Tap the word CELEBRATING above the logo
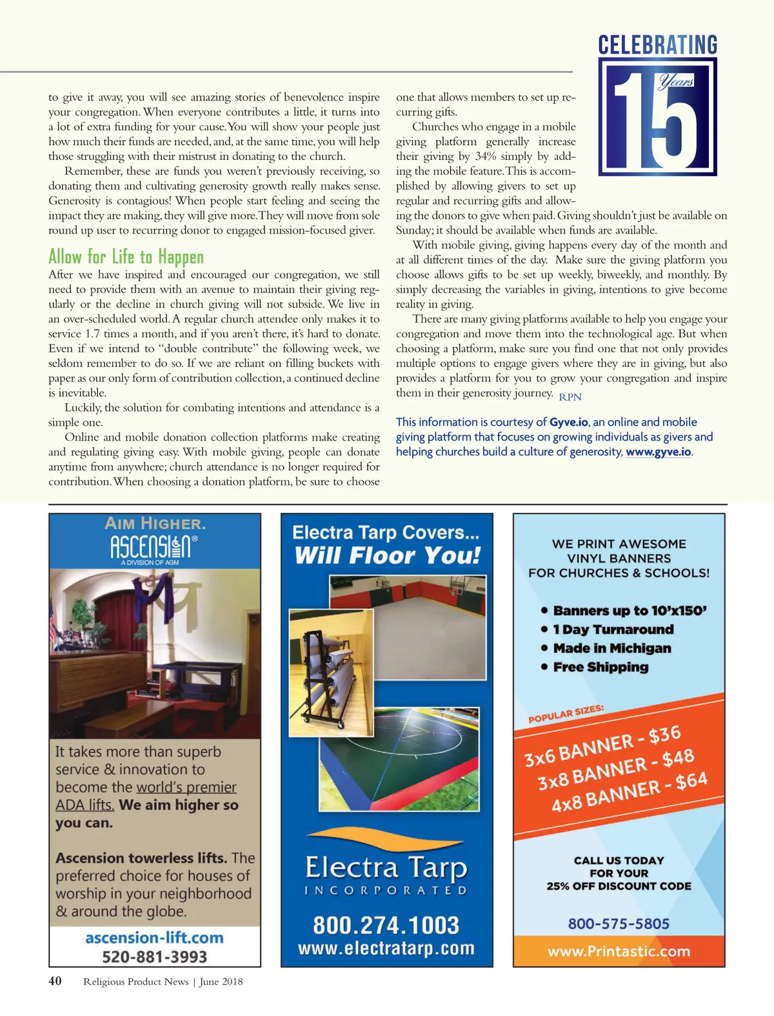[657, 45]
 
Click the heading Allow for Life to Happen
[126, 257]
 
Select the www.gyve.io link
[658, 452]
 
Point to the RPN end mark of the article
[570, 397]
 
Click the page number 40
[55, 981]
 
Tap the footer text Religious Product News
[135, 982]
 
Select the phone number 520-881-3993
[155, 956]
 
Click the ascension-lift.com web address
[155, 937]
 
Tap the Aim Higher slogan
[155, 523]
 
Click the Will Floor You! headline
[388, 555]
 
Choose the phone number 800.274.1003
[386, 925]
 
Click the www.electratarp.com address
[386, 948]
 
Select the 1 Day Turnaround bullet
[613, 629]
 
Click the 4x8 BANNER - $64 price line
[629, 792]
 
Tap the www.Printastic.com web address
[619, 951]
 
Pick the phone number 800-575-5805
[619, 924]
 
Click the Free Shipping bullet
[600, 667]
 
